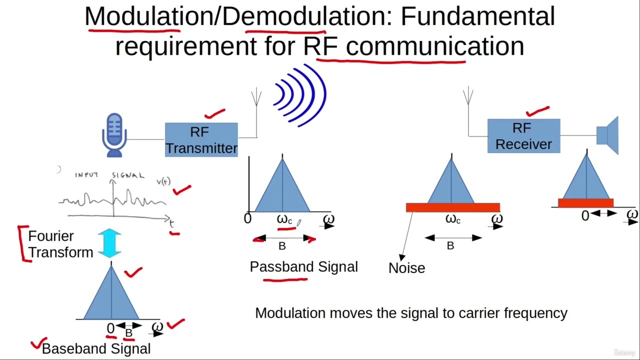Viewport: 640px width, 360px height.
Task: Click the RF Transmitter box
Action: [201, 140]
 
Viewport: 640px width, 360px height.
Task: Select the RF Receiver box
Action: [523, 136]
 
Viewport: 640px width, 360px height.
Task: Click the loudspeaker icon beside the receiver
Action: [608, 135]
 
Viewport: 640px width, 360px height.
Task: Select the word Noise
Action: [406, 268]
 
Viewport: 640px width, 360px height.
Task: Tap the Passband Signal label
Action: [303, 267]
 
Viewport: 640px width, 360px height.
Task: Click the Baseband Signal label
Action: [96, 348]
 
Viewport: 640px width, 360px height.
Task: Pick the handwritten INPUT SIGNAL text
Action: [109, 175]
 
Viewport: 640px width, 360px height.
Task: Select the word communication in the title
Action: [435, 46]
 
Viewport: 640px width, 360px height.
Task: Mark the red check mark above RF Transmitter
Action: [214, 114]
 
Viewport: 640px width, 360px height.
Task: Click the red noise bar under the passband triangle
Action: [452, 207]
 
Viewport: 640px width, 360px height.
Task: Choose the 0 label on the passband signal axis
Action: [247, 219]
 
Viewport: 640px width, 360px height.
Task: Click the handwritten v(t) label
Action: [163, 181]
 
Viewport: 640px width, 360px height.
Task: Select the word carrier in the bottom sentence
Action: [476, 313]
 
